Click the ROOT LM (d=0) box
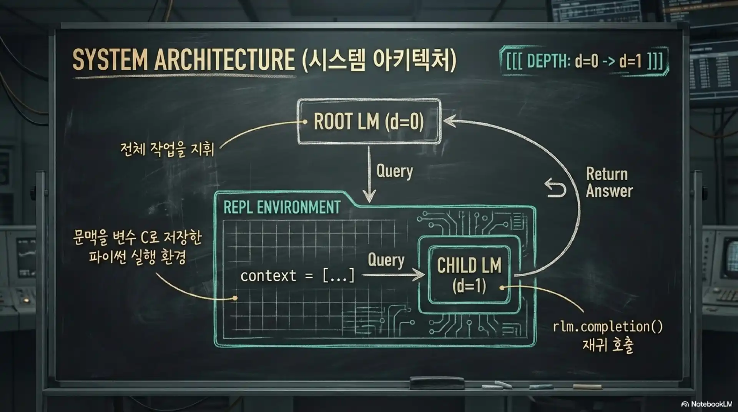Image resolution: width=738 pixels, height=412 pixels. tap(369, 121)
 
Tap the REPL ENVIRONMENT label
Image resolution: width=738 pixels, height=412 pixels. tap(282, 208)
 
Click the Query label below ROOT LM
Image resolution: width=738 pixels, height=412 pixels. tap(394, 171)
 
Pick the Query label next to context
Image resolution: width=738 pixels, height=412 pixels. tap(386, 260)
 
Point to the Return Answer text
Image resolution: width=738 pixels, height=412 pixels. tap(609, 183)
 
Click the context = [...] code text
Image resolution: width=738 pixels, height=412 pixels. tap(298, 276)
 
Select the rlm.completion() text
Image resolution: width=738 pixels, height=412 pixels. tap(608, 327)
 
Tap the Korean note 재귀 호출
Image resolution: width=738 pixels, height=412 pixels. tap(608, 345)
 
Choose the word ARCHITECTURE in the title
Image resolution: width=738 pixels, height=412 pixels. tap(224, 60)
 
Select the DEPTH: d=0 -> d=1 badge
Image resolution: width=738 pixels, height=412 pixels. tap(584, 61)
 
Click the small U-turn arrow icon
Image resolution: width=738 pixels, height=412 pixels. tap(555, 188)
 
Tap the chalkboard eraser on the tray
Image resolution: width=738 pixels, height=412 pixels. tap(437, 382)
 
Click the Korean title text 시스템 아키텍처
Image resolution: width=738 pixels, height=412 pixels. tap(379, 60)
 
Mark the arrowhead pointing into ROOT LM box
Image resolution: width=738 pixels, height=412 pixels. tap(448, 121)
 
